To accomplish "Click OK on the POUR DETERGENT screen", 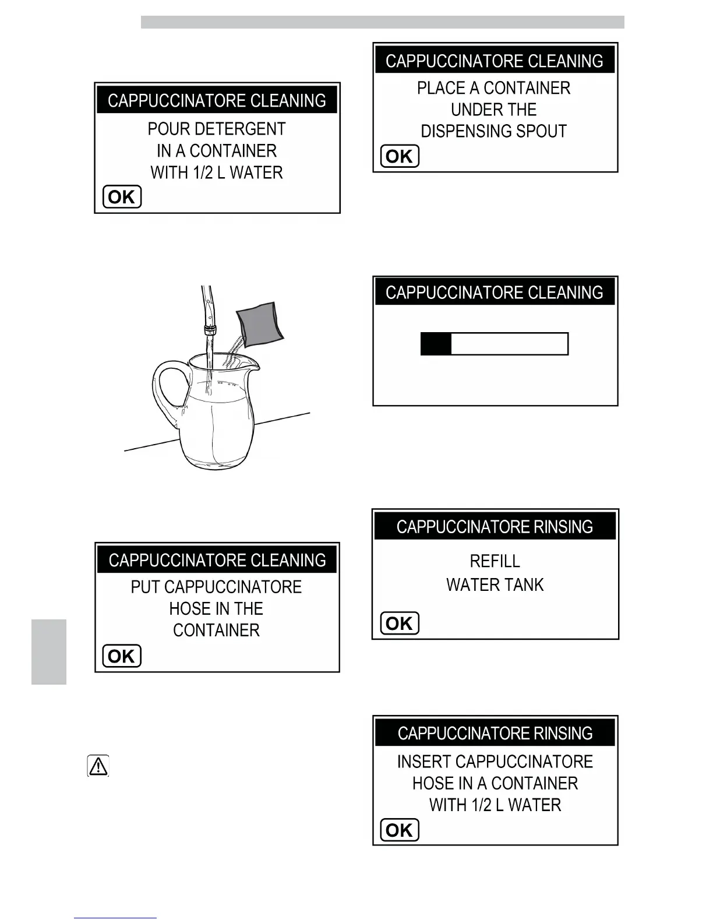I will pos(122,197).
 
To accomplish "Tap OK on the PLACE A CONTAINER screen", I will pos(400,156).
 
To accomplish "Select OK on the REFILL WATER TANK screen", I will pos(400,623).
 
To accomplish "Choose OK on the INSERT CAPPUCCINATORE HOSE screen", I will pos(400,830).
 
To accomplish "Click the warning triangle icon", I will pos(98,766).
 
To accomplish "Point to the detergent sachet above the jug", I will pos(260,323).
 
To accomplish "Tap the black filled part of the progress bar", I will pos(436,344).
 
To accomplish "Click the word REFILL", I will pos(495,561).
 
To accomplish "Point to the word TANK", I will pos(522,584).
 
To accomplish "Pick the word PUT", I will pos(145,587).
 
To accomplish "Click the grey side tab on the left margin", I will pos(49,651).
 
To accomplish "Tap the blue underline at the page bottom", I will pos(115,918).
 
